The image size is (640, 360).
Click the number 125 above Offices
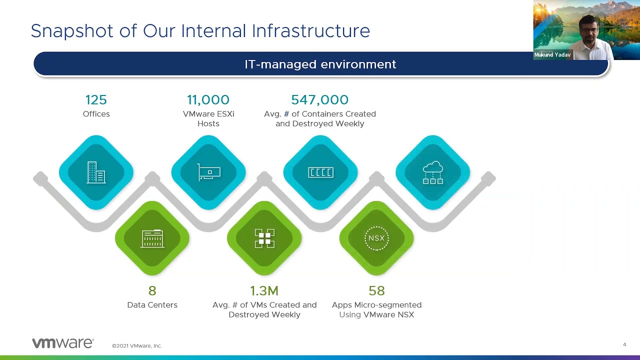tap(96, 99)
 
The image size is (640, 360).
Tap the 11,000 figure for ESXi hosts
tap(208, 99)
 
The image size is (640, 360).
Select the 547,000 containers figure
tap(319, 99)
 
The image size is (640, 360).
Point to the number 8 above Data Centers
tap(152, 291)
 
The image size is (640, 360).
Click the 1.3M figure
tap(264, 291)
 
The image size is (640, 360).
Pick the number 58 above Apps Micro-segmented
tap(376, 291)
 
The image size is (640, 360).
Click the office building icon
tap(96, 172)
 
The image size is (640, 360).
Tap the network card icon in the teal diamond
tap(209, 172)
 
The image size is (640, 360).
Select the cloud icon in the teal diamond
tap(433, 172)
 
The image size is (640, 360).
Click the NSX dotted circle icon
tap(376, 238)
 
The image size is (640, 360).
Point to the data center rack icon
tap(152, 238)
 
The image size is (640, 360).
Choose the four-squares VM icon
tap(264, 238)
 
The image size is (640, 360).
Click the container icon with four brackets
tap(320, 172)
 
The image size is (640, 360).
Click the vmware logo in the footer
tap(63, 343)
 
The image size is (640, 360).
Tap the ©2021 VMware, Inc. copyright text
tap(137, 345)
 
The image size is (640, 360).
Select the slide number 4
tap(624, 344)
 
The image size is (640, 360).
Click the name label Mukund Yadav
tap(552, 54)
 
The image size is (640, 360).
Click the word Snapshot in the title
tap(72, 31)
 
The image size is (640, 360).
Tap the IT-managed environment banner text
tap(320, 64)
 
